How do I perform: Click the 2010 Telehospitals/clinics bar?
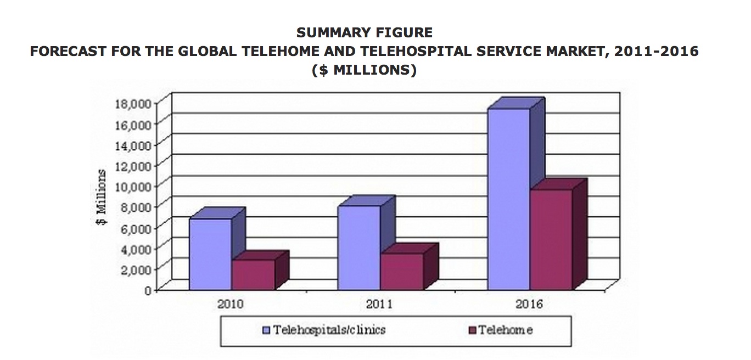click(x=211, y=254)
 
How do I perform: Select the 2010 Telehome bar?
click(x=253, y=275)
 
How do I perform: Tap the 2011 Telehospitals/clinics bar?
click(x=359, y=248)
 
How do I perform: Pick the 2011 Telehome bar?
click(x=402, y=272)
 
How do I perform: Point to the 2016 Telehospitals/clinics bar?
click(x=509, y=199)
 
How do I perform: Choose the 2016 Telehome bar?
click(x=551, y=239)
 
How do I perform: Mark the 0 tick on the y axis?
click(x=147, y=290)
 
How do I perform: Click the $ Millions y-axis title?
click(x=100, y=198)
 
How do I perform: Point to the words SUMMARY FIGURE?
click(x=365, y=33)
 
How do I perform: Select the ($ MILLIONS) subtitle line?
click(x=365, y=70)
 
